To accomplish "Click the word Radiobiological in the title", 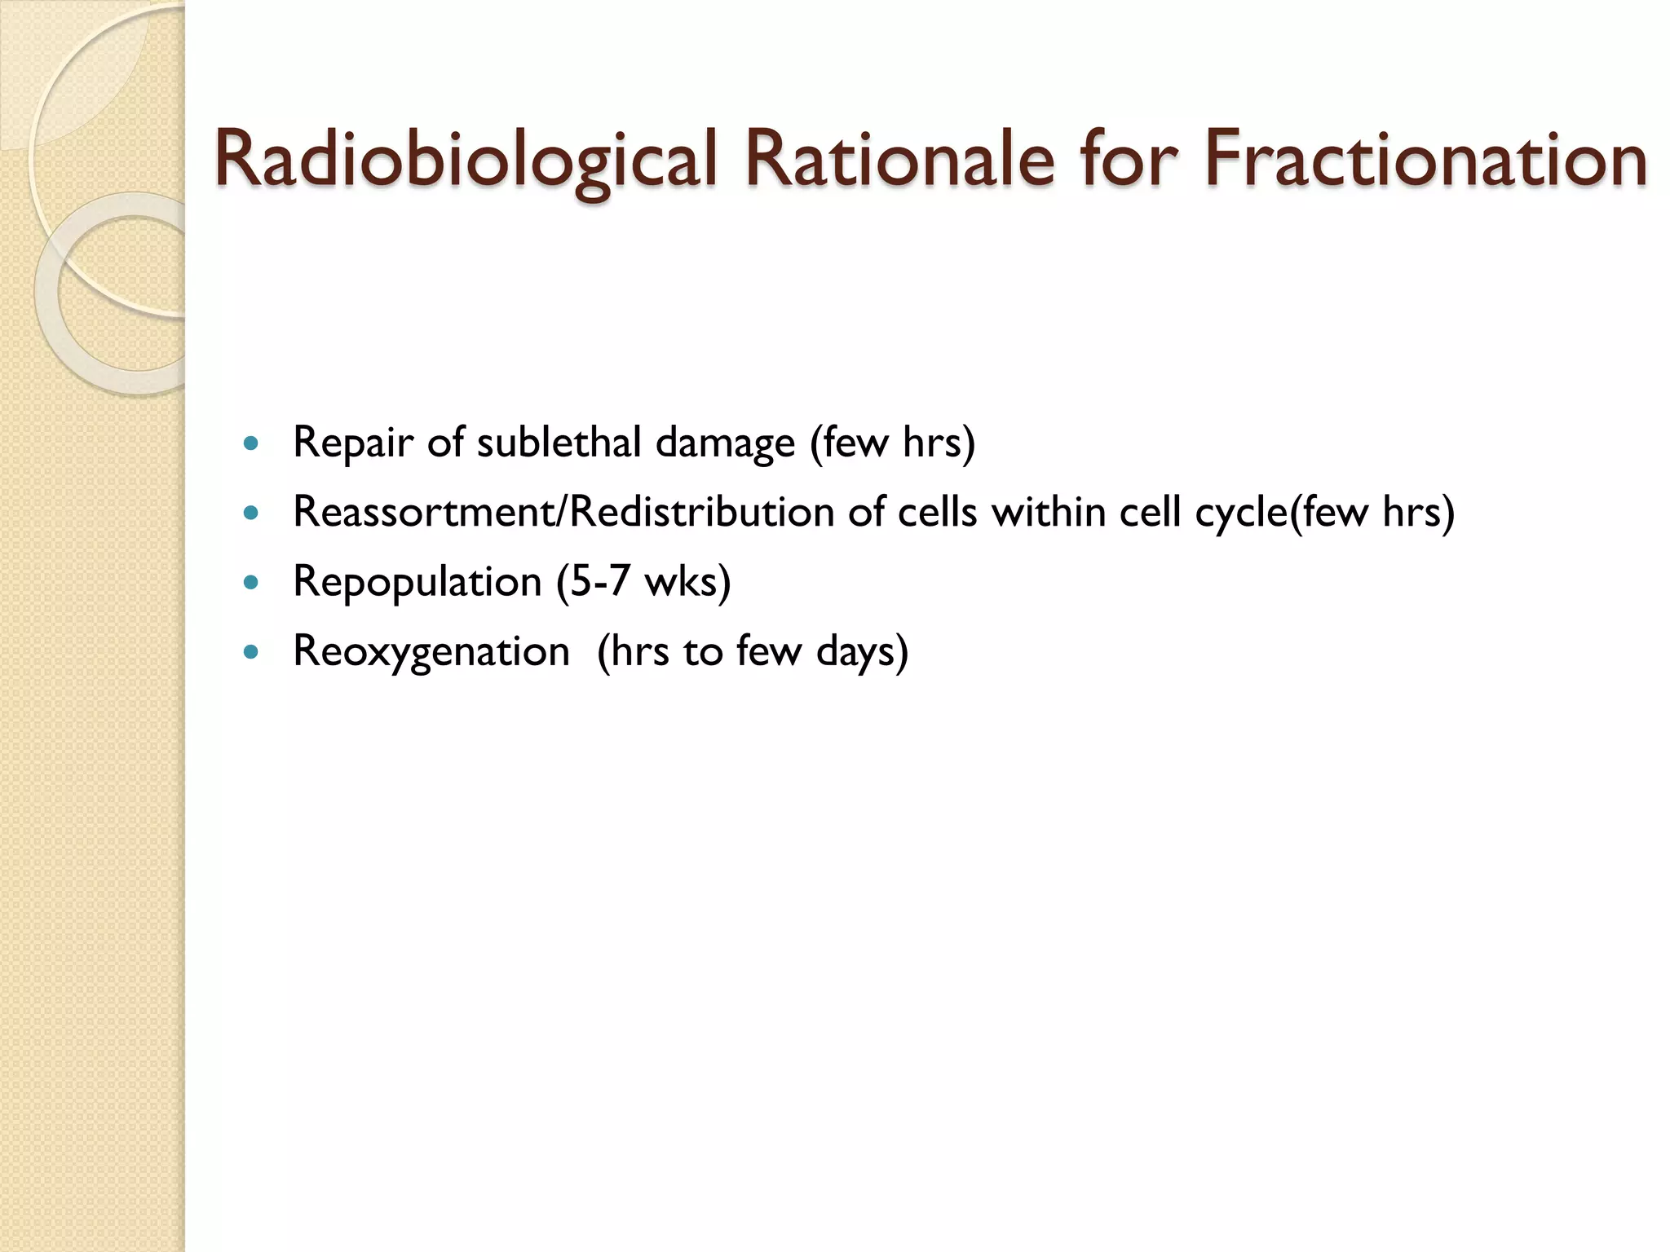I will [466, 159].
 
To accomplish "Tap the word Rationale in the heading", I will [898, 159].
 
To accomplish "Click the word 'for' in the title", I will [1130, 159].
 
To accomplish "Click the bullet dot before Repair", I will [251, 444].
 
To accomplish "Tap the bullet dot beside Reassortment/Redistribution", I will [251, 514].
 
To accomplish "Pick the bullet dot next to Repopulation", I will [251, 583].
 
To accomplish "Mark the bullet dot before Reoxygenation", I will [251, 652].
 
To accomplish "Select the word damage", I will [725, 443].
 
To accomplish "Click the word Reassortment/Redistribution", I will [563, 513].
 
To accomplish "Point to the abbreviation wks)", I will [687, 582].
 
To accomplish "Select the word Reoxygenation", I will [431, 652].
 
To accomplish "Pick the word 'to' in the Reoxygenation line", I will [702, 652].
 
